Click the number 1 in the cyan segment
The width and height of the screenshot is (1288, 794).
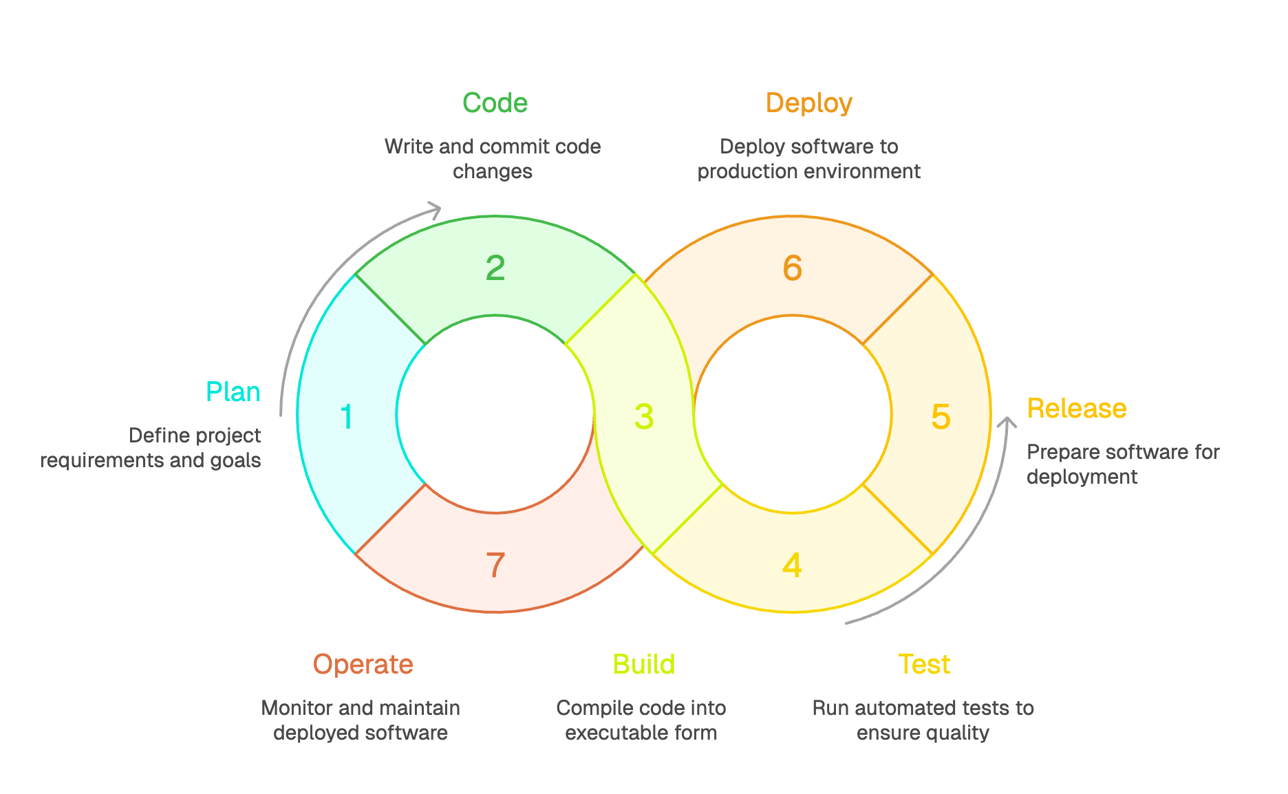pyautogui.click(x=347, y=417)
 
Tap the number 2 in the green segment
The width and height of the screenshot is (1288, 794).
pyautogui.click(x=495, y=268)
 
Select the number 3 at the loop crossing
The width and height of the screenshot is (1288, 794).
pyautogui.click(x=644, y=417)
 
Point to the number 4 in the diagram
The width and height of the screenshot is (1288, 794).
pyautogui.click(x=792, y=566)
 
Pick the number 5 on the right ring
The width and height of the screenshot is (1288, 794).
pyautogui.click(x=941, y=417)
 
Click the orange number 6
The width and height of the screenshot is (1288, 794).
pyautogui.click(x=793, y=268)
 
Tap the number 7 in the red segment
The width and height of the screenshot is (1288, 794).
pyautogui.click(x=495, y=566)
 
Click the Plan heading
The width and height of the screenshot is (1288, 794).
pyautogui.click(x=233, y=392)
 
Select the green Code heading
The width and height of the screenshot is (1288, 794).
pyautogui.click(x=495, y=103)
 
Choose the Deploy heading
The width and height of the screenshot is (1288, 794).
pyautogui.click(x=809, y=103)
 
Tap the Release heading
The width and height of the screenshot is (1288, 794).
pyautogui.click(x=1077, y=409)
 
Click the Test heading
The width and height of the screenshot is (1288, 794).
pyautogui.click(x=924, y=665)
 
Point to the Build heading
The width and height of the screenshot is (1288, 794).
pyautogui.click(x=643, y=665)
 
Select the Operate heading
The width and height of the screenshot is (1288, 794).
pyautogui.click(x=363, y=665)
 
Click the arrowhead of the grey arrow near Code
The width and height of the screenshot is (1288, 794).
pyautogui.click(x=435, y=209)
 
